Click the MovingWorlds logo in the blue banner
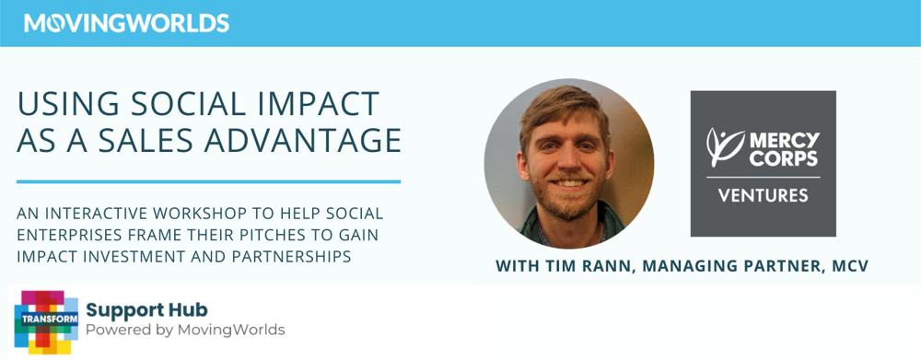click(126, 23)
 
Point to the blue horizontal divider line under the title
click(208, 181)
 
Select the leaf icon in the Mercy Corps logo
click(725, 146)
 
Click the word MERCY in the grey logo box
click(784, 140)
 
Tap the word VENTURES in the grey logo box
click(763, 194)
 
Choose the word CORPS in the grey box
click(784, 158)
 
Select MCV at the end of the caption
click(849, 266)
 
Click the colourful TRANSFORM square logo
click(46, 322)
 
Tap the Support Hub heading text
click(146, 310)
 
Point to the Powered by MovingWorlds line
click(186, 330)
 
